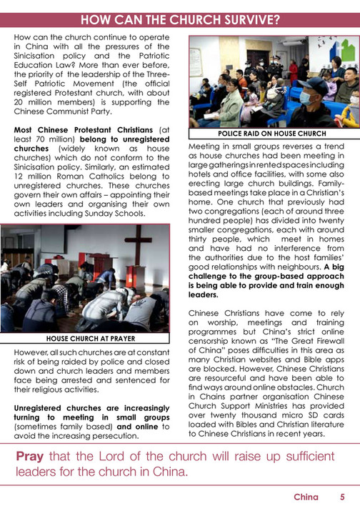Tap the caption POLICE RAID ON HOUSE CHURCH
[271, 134]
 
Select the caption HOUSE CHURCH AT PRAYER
[90, 338]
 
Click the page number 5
[342, 497]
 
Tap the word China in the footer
[306, 497]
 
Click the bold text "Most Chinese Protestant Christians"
[85, 129]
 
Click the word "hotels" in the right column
[203, 182]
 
